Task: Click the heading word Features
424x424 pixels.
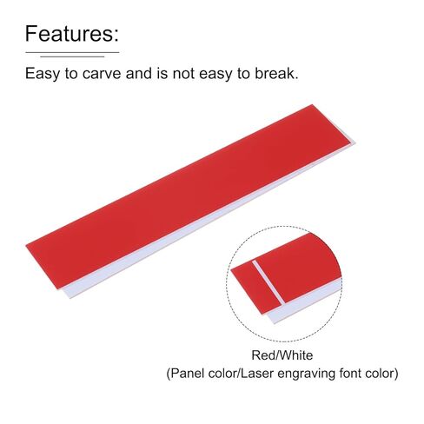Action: click(x=70, y=34)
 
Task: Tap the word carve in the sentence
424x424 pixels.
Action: click(x=102, y=74)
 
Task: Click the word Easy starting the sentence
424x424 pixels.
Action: click(x=43, y=74)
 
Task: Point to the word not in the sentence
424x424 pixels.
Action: click(x=183, y=74)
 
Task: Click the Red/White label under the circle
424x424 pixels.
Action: click(x=282, y=355)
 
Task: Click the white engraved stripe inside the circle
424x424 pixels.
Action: click(x=268, y=282)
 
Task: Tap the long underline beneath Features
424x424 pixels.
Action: click(x=72, y=52)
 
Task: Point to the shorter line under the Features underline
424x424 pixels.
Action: click(x=72, y=56)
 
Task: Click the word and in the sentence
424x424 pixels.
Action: click(x=139, y=73)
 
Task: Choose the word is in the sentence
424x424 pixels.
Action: click(x=162, y=73)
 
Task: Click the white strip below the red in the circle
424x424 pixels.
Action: click(x=305, y=302)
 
